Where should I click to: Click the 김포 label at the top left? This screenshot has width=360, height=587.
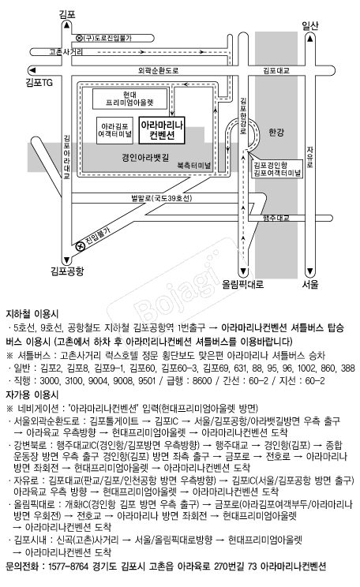point(67,14)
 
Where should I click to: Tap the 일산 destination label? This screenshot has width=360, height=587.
point(310,25)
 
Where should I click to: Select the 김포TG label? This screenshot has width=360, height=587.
point(39,82)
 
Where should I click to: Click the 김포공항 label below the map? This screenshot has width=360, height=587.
point(67,271)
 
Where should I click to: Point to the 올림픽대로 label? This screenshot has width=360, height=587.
point(243,284)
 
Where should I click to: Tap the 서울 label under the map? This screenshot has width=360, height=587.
point(310,284)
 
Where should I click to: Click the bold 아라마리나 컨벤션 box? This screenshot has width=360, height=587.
point(162,130)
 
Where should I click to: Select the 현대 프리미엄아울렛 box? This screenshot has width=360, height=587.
point(129,99)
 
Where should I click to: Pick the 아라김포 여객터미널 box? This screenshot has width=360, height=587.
point(114,131)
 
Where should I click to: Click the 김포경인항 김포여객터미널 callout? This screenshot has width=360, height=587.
point(277,169)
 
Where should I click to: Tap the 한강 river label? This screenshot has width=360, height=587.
point(276,132)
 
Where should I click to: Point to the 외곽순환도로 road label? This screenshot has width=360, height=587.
point(159,70)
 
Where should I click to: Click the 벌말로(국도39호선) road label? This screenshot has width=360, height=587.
point(162,198)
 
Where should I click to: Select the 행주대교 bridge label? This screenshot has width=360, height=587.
point(276,218)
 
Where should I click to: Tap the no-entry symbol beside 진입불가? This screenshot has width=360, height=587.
point(80,246)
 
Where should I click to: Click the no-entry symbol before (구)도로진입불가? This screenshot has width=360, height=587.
point(80,38)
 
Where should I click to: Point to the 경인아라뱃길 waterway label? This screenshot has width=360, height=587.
point(145,158)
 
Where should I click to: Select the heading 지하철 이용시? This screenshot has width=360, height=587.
point(32,314)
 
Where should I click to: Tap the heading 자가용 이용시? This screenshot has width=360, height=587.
point(32,394)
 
